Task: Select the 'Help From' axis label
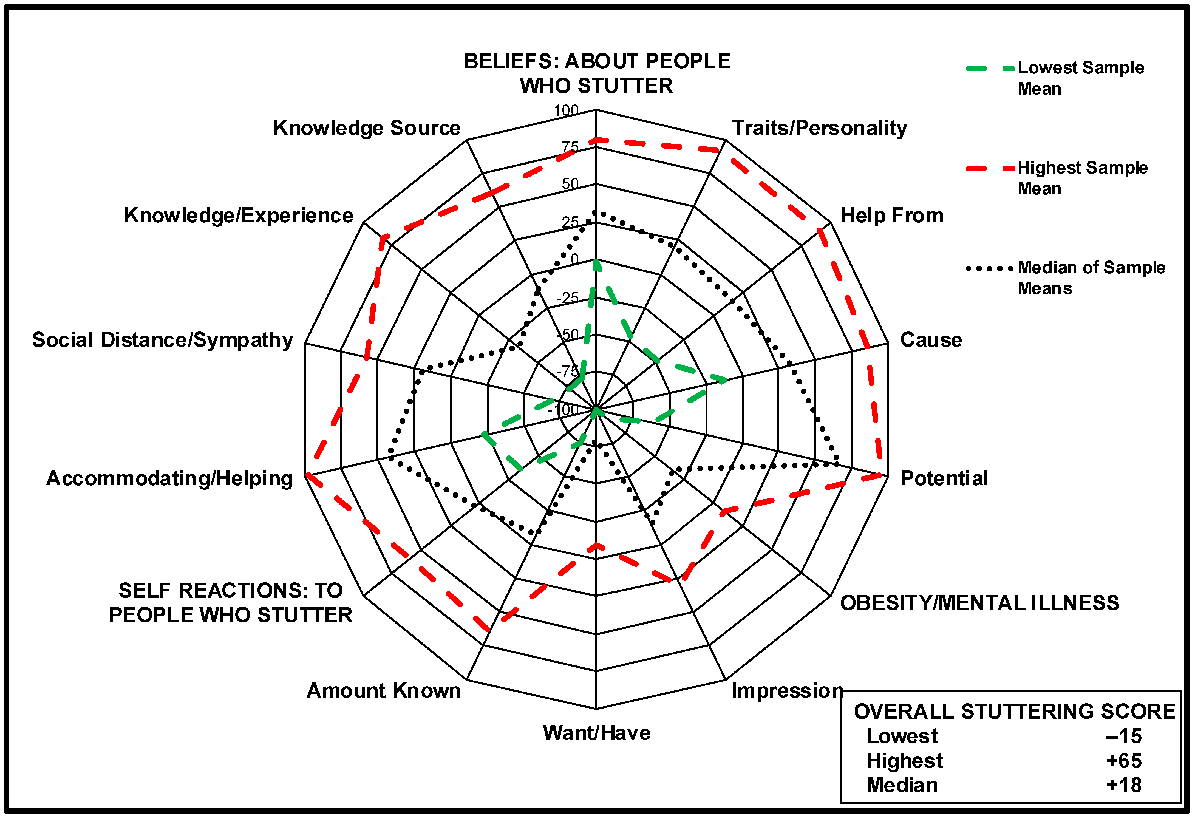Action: pyautogui.click(x=892, y=216)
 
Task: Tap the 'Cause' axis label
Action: pyautogui.click(x=931, y=340)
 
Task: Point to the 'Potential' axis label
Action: pyautogui.click(x=944, y=478)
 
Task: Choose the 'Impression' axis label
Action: pyautogui.click(x=787, y=690)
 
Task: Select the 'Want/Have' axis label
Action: pyautogui.click(x=596, y=733)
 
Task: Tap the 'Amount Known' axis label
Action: pyautogui.click(x=384, y=690)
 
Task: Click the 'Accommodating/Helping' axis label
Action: pyautogui.click(x=170, y=478)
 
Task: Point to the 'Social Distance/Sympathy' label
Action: pyautogui.click(x=163, y=340)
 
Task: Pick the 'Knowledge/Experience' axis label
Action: pyautogui.click(x=239, y=216)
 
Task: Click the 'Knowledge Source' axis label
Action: pyautogui.click(x=367, y=128)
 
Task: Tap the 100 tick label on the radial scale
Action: pyautogui.click(x=566, y=110)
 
